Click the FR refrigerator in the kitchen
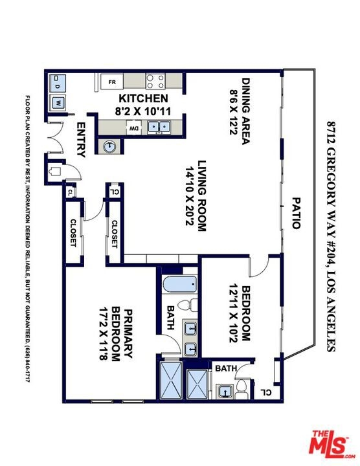pyautogui.click(x=112, y=82)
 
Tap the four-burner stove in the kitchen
pyautogui.click(x=155, y=81)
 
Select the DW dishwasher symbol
pyautogui.click(x=133, y=128)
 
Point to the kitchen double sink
pyautogui.click(x=159, y=128)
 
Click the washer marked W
pyautogui.click(x=58, y=103)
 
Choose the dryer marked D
pyautogui.click(x=57, y=83)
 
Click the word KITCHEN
pyautogui.click(x=143, y=98)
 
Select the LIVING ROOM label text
pyautogui.click(x=202, y=196)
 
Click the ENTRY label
pyautogui.click(x=81, y=140)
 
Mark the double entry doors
pyautogui.click(x=56, y=137)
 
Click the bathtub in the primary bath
pyautogui.click(x=179, y=285)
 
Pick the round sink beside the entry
pyautogui.click(x=109, y=146)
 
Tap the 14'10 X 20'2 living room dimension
pyautogui.click(x=190, y=196)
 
